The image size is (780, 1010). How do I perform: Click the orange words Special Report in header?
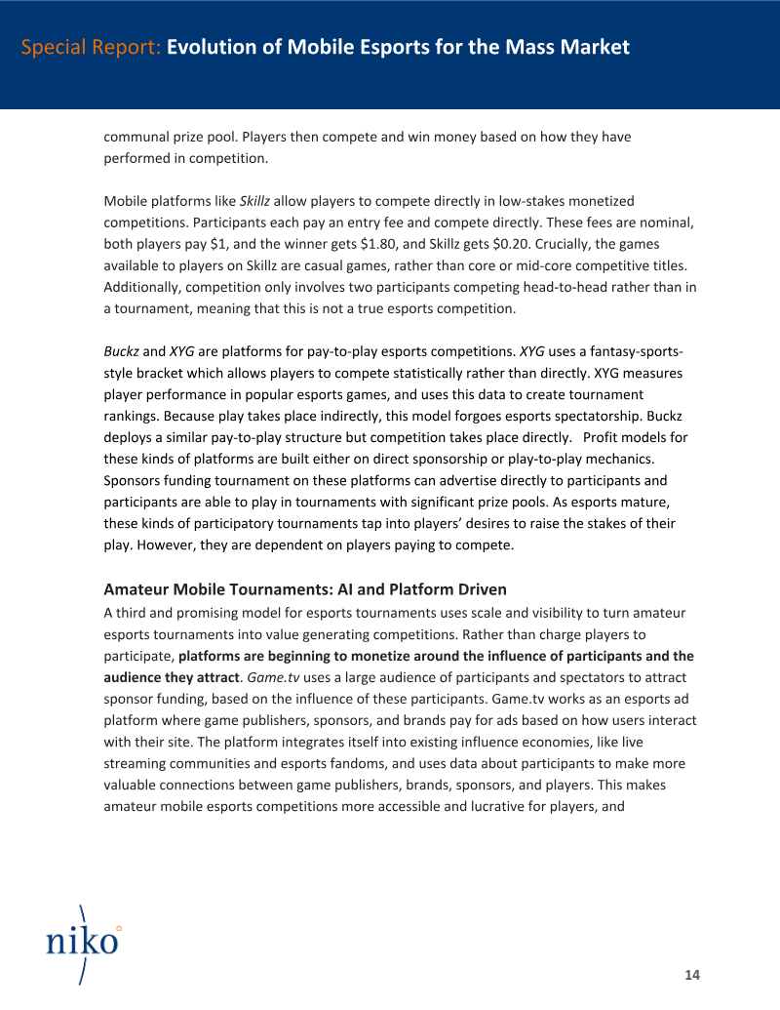[x=91, y=47]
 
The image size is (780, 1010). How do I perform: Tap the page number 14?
[x=692, y=975]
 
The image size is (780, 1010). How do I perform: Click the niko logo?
[x=83, y=943]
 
